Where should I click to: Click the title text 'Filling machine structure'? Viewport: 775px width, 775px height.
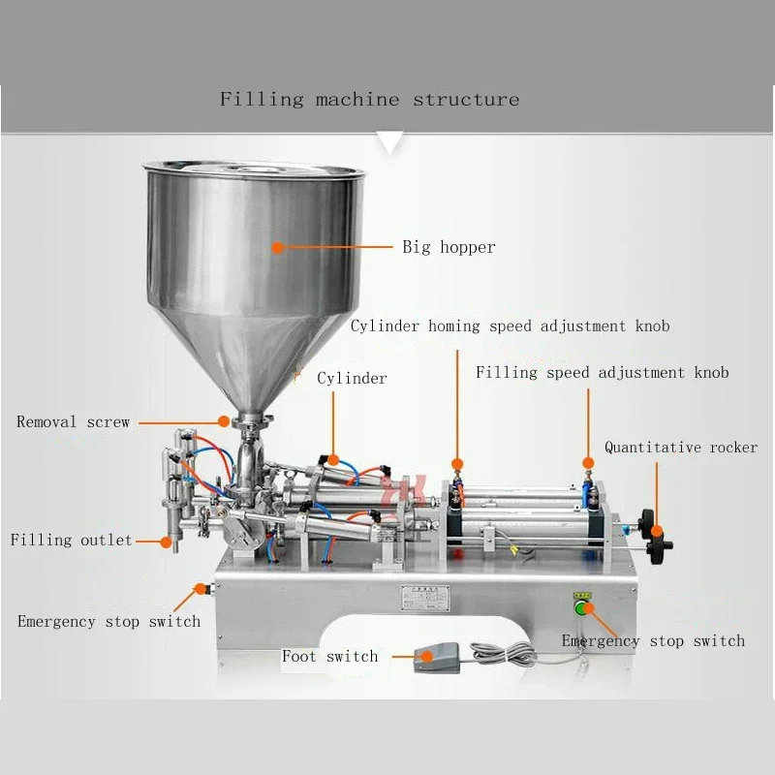pyautogui.click(x=369, y=100)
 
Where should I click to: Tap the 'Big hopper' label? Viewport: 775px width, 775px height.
pyautogui.click(x=449, y=247)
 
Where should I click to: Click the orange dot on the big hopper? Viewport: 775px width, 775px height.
pyautogui.click(x=278, y=247)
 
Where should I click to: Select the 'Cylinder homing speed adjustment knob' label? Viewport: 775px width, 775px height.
pyautogui.click(x=510, y=325)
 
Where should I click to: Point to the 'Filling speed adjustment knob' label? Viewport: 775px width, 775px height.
pyautogui.click(x=602, y=372)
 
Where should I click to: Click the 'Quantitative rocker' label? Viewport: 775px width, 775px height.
pyautogui.click(x=680, y=448)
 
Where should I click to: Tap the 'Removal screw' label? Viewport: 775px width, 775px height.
pyautogui.click(x=73, y=422)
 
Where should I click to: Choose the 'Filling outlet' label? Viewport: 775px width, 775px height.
pyautogui.click(x=71, y=540)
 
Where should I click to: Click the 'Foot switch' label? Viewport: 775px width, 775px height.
pyautogui.click(x=329, y=657)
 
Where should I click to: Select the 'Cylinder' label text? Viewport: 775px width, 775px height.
pyautogui.click(x=352, y=378)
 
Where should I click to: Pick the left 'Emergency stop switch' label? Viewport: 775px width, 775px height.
pyautogui.click(x=108, y=621)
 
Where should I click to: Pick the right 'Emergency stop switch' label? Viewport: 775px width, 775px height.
pyautogui.click(x=653, y=640)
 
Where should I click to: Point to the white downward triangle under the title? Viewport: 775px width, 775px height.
pyautogui.click(x=389, y=142)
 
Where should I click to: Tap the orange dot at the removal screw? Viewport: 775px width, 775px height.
pyautogui.click(x=224, y=421)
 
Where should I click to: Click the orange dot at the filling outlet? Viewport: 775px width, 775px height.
pyautogui.click(x=168, y=540)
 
